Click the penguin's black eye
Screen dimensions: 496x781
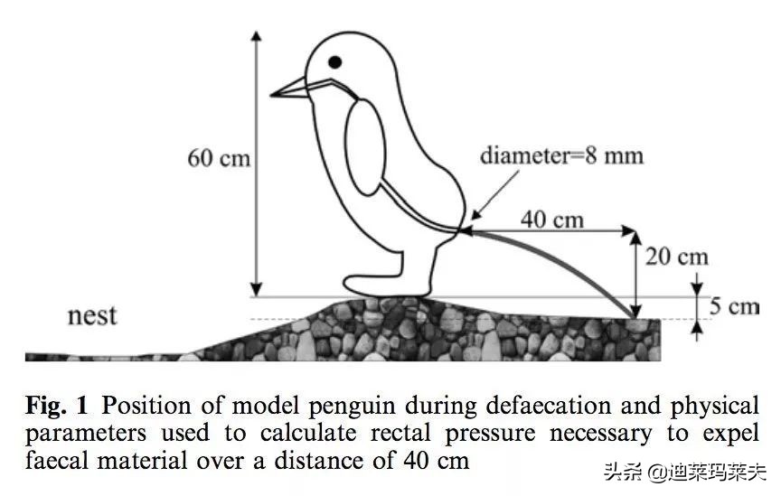pyautogui.click(x=335, y=62)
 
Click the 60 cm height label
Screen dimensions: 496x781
pyautogui.click(x=218, y=157)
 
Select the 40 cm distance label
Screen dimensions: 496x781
pyautogui.click(x=551, y=219)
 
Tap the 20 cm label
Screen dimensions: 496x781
pyautogui.click(x=675, y=257)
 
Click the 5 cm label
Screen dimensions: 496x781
pyautogui.click(x=733, y=306)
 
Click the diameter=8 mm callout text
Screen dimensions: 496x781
pyautogui.click(x=561, y=155)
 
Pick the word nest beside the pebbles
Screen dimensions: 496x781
pyautogui.click(x=92, y=316)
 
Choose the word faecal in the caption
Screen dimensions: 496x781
pyautogui.click(x=58, y=462)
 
